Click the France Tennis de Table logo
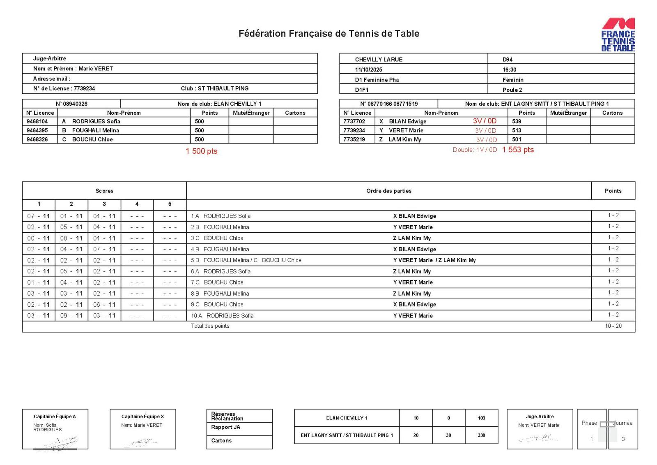[x=618, y=35]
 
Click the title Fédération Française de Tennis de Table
[x=328, y=34]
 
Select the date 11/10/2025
[x=368, y=69]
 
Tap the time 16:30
[x=509, y=69]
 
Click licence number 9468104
[x=37, y=121]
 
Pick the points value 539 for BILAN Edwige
[x=517, y=121]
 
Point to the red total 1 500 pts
[x=201, y=151]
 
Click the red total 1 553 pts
[x=518, y=150]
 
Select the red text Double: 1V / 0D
[x=475, y=150]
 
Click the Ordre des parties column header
[x=388, y=191]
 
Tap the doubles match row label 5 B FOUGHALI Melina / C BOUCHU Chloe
[x=246, y=260]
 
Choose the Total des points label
[x=210, y=326]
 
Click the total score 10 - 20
[x=613, y=326]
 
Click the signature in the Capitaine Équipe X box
[x=141, y=442]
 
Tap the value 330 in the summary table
[x=481, y=435]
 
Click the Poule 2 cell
[x=512, y=90]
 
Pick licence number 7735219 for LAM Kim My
[x=354, y=139]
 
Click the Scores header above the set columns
[x=104, y=191]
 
